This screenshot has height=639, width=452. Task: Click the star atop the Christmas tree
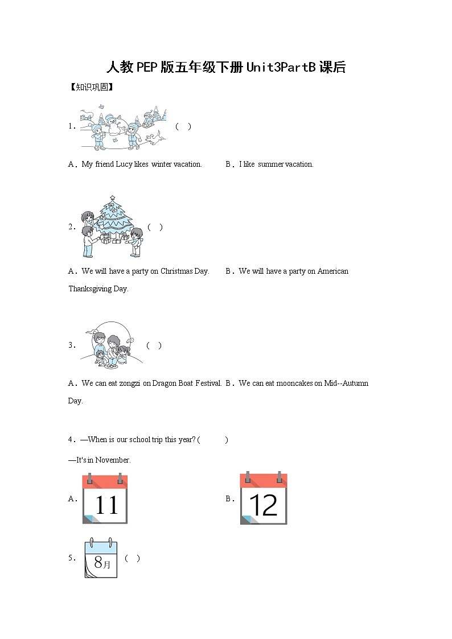[x=112, y=199]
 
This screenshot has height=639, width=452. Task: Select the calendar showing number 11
[x=105, y=499]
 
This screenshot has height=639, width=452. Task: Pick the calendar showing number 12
[x=264, y=498]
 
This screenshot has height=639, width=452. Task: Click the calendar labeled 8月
[x=101, y=559]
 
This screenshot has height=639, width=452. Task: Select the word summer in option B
[x=271, y=164]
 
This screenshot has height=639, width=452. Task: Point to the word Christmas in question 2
[x=176, y=271]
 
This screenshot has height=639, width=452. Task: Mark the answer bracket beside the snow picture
[x=183, y=127]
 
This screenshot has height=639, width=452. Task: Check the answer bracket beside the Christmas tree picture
[x=155, y=227]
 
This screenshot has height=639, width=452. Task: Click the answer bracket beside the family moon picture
[x=154, y=345]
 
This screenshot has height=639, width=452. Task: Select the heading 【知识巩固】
[x=91, y=88]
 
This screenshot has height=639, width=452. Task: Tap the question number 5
[x=72, y=559]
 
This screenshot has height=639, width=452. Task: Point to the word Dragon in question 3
[x=165, y=384]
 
